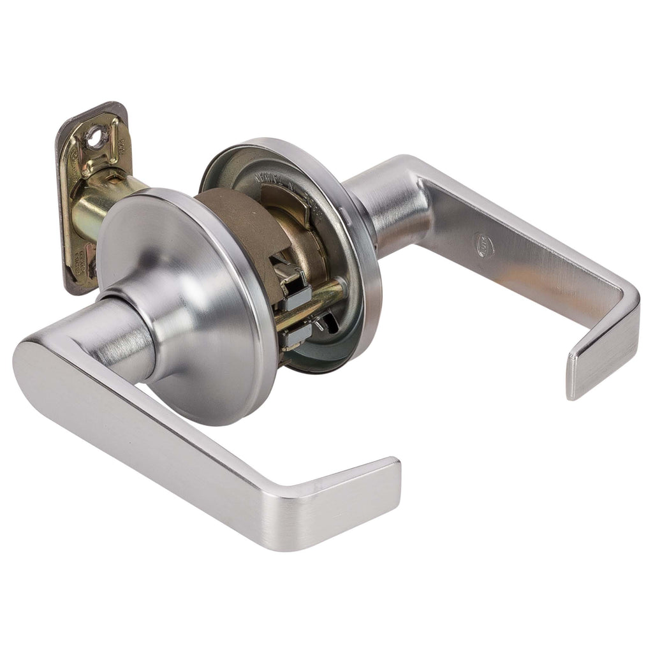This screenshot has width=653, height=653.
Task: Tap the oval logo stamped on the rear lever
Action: click(x=484, y=245)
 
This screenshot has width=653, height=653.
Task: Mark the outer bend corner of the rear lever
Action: click(x=628, y=300)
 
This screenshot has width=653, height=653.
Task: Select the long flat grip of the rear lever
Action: click(x=523, y=249)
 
